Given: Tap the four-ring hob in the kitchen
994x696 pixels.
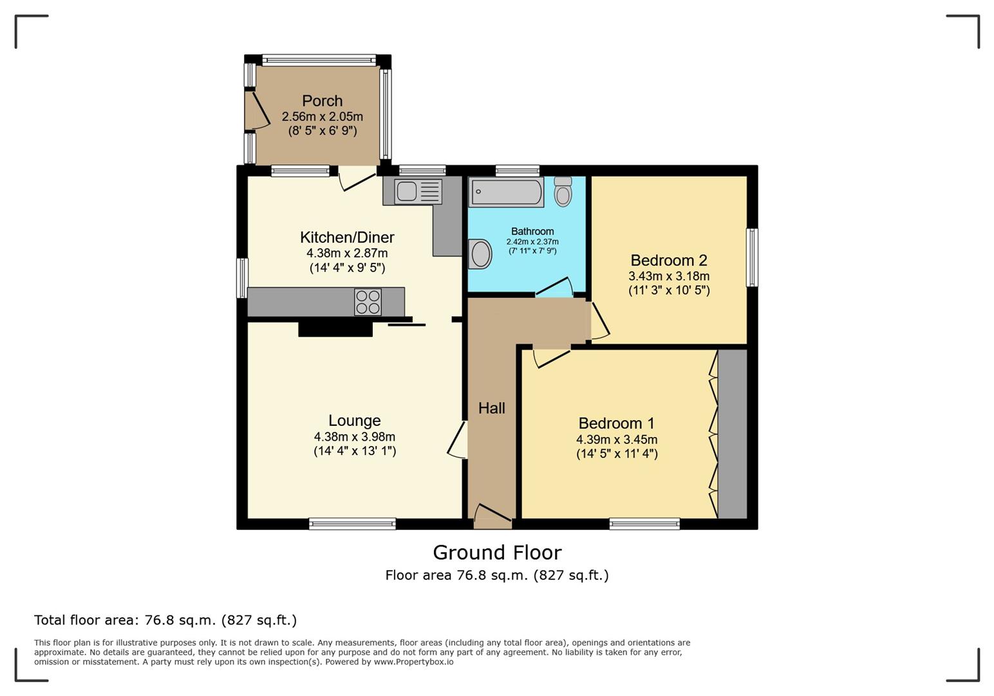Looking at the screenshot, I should [368, 302].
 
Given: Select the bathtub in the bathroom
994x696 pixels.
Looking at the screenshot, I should [507, 192].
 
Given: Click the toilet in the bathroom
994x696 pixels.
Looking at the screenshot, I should [563, 191].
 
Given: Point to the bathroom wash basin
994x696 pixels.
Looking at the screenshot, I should [480, 254].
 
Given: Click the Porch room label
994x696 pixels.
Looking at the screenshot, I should [322, 101].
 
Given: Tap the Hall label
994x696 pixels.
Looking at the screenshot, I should [491, 408].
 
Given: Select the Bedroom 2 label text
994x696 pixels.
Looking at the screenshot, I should [668, 260].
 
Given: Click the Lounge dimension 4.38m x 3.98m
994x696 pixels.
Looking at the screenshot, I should [354, 437].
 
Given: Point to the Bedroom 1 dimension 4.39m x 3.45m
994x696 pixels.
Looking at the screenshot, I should [616, 440].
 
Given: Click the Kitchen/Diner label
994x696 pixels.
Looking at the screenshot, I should [347, 237].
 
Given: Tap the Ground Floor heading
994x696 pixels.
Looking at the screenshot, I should [497, 552].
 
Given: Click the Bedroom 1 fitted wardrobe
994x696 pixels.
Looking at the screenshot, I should [732, 434].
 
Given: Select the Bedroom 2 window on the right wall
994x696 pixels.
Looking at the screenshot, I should [751, 257].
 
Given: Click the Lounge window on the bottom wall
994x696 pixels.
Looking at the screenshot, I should [352, 524].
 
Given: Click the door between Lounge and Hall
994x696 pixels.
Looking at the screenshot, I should [458, 440].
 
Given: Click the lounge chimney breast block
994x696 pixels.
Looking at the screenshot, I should [335, 329].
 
